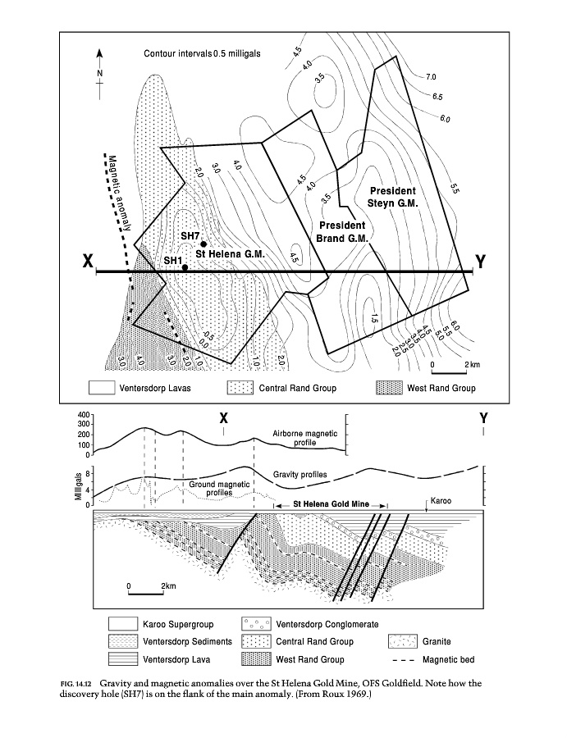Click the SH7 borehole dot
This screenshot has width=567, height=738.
[203, 245]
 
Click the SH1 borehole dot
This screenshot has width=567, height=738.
[185, 267]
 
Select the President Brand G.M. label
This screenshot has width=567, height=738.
[343, 231]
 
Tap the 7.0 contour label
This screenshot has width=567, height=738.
[432, 77]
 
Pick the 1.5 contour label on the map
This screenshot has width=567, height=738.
[373, 318]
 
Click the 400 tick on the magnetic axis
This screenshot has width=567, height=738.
[81, 416]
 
